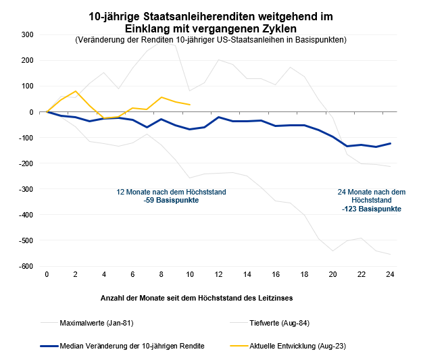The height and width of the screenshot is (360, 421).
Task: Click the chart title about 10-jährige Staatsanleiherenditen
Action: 211,22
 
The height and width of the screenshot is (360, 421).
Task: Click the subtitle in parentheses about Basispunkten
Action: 211,40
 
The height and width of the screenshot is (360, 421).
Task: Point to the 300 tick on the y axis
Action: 28,34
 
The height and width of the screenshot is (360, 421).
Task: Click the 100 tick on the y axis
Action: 28,86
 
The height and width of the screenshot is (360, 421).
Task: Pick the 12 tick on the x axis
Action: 218,274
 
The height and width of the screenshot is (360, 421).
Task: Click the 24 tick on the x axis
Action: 390,274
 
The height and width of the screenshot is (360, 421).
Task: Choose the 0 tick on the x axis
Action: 47,274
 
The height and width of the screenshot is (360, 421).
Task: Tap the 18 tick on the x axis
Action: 304,274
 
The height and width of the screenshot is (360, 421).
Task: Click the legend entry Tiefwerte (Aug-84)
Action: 280,323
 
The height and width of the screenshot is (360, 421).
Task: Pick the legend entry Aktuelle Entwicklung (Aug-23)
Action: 297,346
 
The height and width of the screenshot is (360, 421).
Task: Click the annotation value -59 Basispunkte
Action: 172,201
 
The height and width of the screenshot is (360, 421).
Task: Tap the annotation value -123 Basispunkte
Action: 372,209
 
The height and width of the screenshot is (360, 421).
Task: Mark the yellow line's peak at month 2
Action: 76,91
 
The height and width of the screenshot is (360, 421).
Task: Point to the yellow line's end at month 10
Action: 190,105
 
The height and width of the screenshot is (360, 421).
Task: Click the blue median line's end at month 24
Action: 390,143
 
